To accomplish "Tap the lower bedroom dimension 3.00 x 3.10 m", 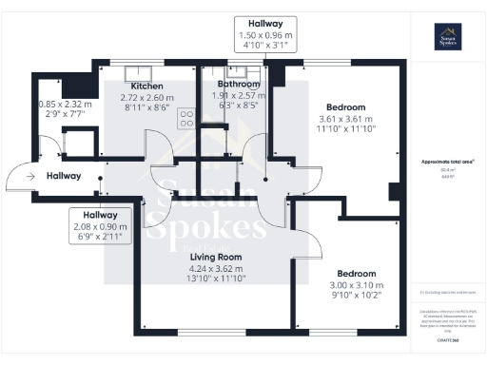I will pos(357,285).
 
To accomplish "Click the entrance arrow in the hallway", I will pos(31,176).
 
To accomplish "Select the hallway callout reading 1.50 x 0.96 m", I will pos(266,34).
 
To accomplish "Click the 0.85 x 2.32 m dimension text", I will pos(66,105).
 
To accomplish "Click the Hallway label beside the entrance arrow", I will pos(62,176).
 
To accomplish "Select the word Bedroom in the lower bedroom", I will pos(357,273).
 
